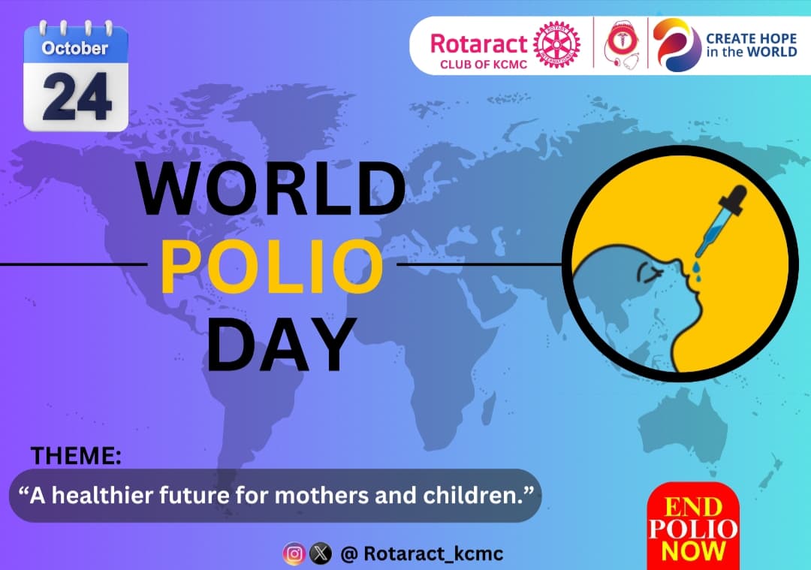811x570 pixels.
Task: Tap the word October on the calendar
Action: tap(75, 49)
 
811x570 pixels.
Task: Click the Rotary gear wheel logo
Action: tap(556, 44)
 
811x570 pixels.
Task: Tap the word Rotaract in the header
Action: tap(479, 43)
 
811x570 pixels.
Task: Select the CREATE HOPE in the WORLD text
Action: tap(750, 45)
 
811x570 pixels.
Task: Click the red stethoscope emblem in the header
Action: tap(621, 45)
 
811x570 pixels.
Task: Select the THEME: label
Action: tap(75, 455)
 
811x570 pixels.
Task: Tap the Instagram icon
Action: tap(294, 554)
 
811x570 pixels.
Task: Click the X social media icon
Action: tap(321, 554)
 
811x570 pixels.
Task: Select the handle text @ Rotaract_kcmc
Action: tap(421, 554)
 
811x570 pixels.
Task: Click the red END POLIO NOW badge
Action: tap(693, 528)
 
